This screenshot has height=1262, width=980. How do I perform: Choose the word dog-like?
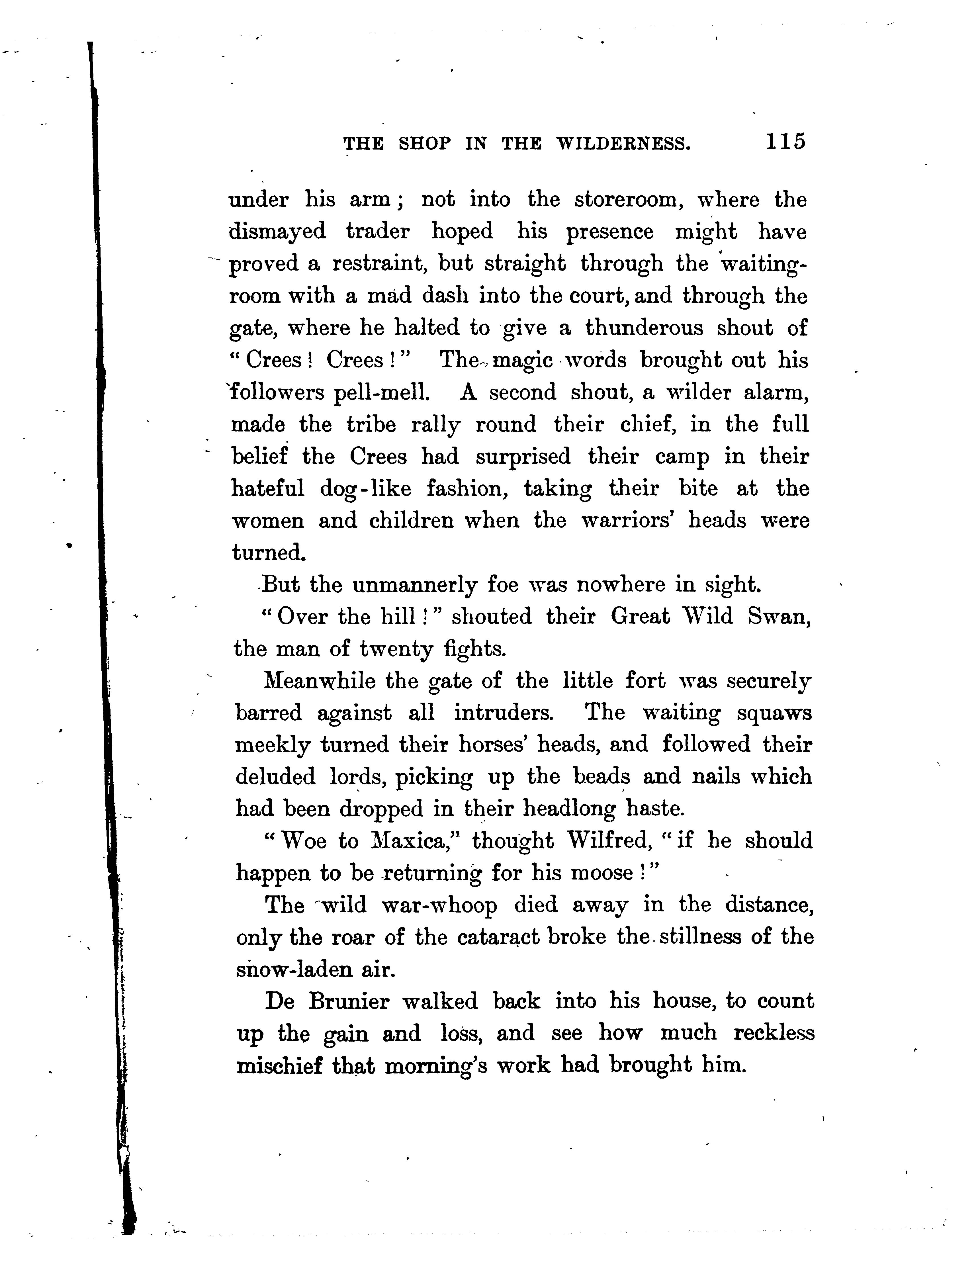[365, 489]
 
